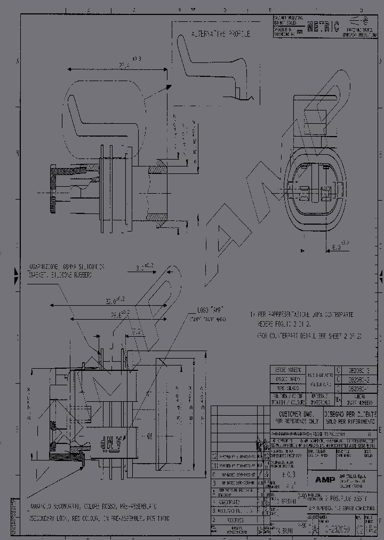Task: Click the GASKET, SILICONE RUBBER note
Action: (x=60, y=275)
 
